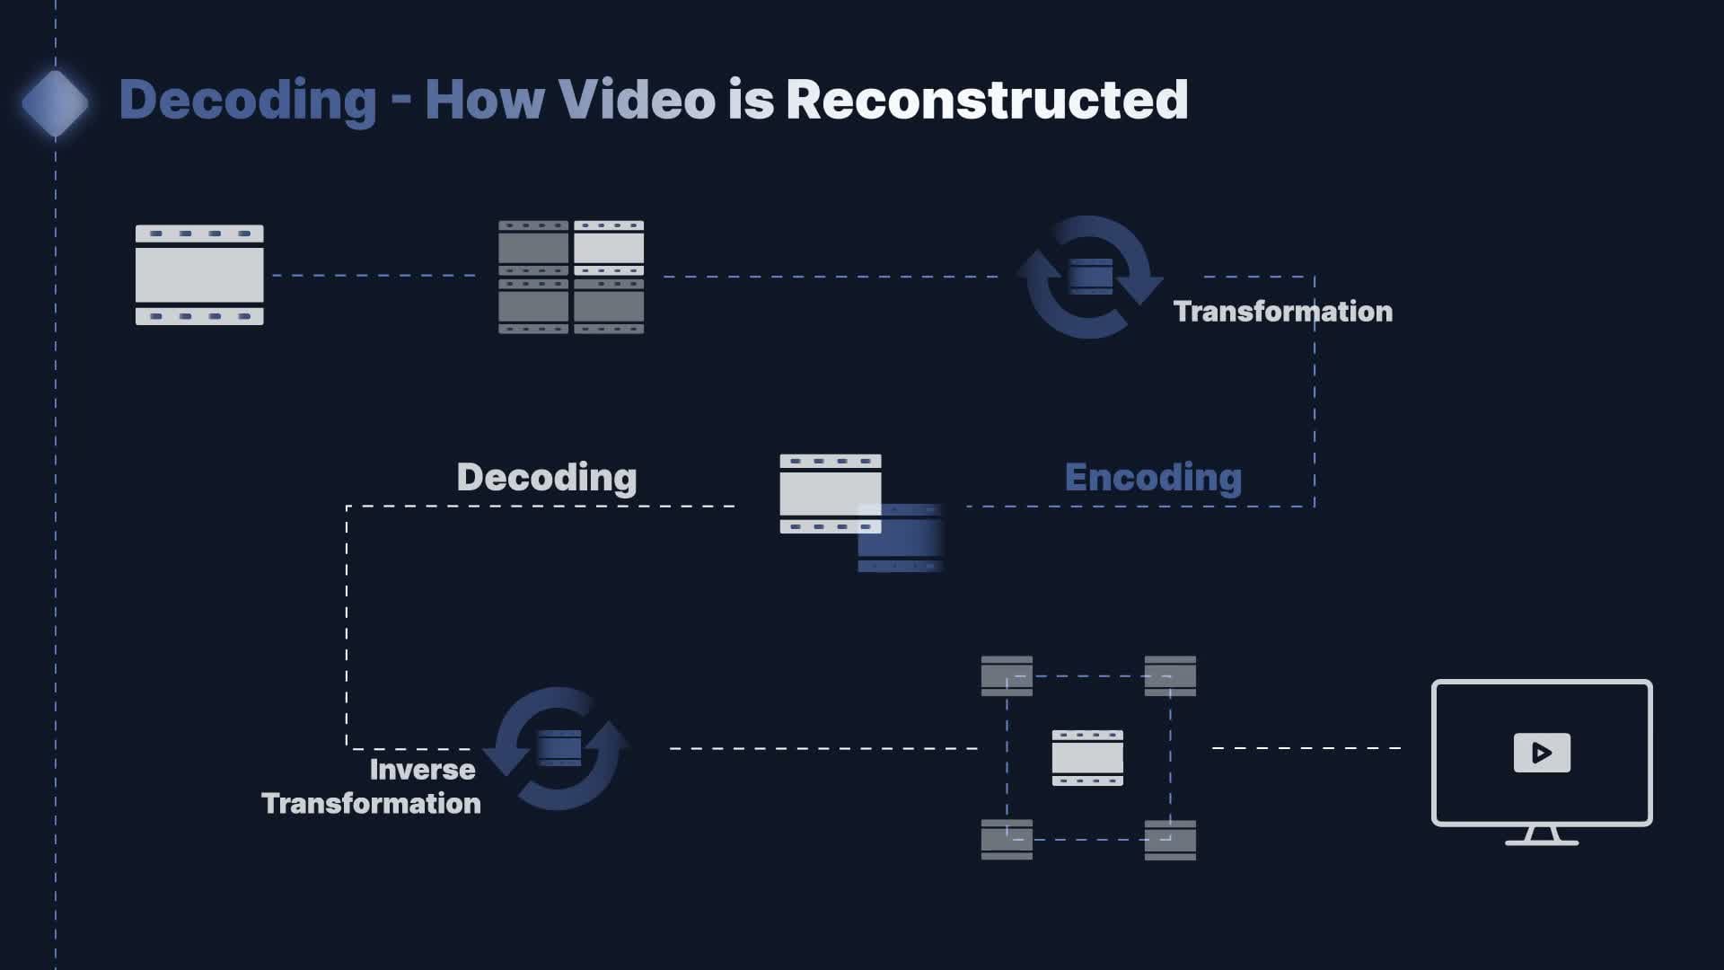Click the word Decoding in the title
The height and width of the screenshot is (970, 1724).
(x=247, y=100)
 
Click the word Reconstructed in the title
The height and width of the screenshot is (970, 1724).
(x=986, y=100)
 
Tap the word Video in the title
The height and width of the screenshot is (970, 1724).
(x=637, y=100)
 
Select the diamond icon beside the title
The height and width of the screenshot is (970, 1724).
(x=55, y=103)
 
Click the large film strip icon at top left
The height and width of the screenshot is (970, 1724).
(x=199, y=275)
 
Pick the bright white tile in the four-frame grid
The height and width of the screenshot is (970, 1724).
(x=609, y=247)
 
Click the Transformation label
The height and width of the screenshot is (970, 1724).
(x=1282, y=312)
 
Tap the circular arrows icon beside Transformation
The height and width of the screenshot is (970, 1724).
(x=1089, y=277)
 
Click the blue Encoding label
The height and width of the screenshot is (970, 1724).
(x=1153, y=477)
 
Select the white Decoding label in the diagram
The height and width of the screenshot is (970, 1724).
(x=547, y=477)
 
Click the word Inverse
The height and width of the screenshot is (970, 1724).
(x=422, y=770)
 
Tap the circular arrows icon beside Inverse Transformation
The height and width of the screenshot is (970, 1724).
(x=558, y=748)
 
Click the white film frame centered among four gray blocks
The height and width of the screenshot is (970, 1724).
(x=1087, y=757)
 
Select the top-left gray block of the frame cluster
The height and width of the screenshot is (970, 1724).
(x=1007, y=675)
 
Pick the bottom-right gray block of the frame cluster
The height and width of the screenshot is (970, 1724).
(x=1170, y=840)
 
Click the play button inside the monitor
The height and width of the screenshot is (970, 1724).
(x=1542, y=753)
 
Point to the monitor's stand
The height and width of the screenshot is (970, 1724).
(x=1542, y=837)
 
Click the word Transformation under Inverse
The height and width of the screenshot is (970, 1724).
(x=371, y=803)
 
